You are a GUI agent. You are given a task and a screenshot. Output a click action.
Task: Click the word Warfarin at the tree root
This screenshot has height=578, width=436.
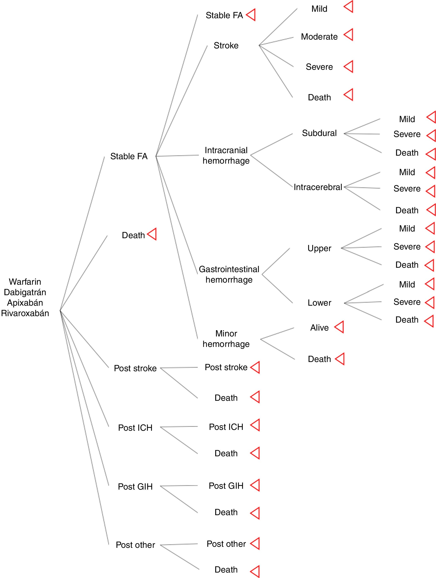coord(25,282)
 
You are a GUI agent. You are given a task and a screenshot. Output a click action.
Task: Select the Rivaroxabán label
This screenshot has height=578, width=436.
coord(25,313)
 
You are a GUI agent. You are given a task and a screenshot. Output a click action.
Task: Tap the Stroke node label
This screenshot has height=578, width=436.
coord(226,45)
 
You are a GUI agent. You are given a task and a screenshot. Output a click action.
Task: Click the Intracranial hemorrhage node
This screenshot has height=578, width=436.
coord(226,155)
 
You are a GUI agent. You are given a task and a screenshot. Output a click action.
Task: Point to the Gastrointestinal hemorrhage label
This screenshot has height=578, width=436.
coord(229,274)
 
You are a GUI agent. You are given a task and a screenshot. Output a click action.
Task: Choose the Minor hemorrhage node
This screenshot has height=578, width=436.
coord(226,339)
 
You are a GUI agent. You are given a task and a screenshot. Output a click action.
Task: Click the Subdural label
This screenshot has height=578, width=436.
coord(319,133)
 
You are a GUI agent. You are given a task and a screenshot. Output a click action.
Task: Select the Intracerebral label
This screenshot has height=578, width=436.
coord(318,187)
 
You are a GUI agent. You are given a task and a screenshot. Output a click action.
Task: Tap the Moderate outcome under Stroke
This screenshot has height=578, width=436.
coord(319,37)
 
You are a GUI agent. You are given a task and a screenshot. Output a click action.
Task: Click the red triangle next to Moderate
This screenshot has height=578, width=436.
coord(349,35)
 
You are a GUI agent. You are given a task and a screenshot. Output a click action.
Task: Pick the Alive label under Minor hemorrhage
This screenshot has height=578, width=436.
coord(319,328)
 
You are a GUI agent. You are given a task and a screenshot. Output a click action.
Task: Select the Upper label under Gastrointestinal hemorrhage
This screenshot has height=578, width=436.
coord(319,248)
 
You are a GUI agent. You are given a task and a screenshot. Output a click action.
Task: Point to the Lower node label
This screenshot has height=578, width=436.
coord(319,303)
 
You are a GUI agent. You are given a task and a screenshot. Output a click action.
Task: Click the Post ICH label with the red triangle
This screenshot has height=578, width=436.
coord(226,427)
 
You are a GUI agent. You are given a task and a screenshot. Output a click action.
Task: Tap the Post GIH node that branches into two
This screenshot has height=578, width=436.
coord(135,486)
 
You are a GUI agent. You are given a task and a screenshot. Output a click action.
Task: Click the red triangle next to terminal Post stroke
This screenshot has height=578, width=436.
coord(255,367)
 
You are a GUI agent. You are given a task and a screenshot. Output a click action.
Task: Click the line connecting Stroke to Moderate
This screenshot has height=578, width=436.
coord(276,41)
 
